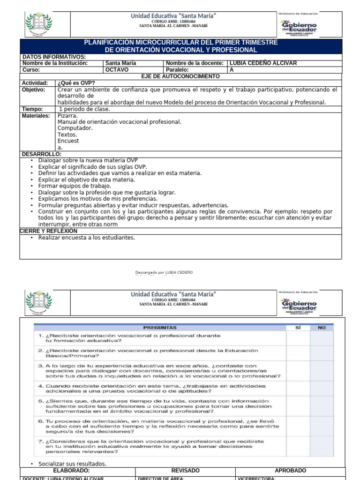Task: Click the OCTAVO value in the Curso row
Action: [116, 70]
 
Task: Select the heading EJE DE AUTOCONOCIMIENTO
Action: [180, 76]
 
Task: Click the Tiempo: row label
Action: [32, 109]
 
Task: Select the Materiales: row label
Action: [36, 116]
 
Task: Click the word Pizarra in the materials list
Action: [67, 115]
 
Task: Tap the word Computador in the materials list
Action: [75, 128]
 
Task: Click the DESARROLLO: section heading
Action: [42, 154]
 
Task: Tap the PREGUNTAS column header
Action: [160, 328]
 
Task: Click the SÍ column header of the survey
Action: [297, 328]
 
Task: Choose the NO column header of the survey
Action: [322, 328]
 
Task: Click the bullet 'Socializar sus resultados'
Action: [72, 464]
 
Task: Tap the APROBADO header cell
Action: [290, 471]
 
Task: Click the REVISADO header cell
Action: [185, 471]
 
